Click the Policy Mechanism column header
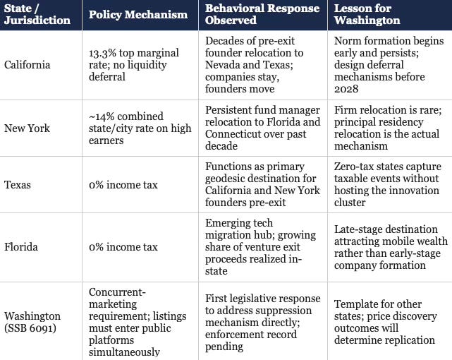click(x=138, y=14)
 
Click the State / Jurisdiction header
click(x=37, y=14)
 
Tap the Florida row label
click(x=21, y=247)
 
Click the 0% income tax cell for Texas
click(x=123, y=185)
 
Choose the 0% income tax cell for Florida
click(x=123, y=247)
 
